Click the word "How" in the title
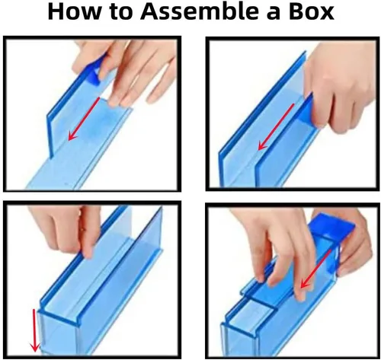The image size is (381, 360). pyautogui.click(x=74, y=11)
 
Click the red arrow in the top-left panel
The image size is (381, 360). pyautogui.click(x=84, y=119)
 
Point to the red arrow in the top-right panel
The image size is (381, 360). pyautogui.click(x=276, y=126)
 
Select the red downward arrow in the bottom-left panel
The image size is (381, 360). pyautogui.click(x=35, y=330)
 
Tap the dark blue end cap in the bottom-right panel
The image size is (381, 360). pyautogui.click(x=332, y=227)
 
